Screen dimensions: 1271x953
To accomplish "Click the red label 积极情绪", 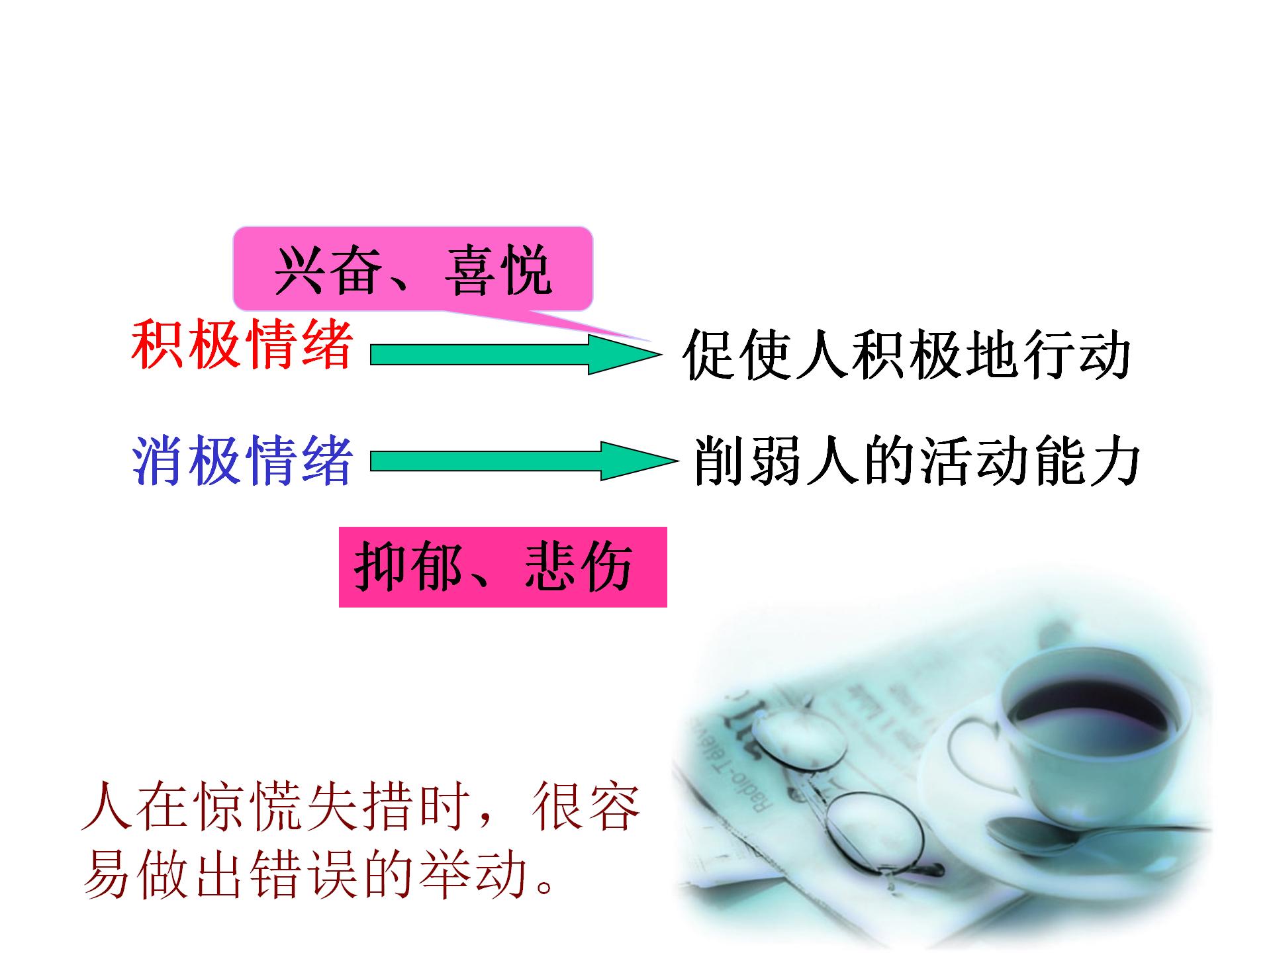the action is [242, 345].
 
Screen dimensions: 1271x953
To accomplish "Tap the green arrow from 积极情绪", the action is [515, 355].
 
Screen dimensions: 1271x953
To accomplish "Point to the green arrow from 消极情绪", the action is [523, 461].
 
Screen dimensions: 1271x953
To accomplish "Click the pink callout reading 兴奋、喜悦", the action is [413, 269].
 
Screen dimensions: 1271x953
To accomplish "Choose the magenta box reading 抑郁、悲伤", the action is [503, 567].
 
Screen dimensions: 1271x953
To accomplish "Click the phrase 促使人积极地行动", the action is [907, 355].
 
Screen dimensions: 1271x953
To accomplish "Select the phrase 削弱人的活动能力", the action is [916, 461].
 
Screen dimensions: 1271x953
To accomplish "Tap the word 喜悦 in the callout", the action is [498, 270].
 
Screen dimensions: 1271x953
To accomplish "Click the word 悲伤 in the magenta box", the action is [579, 567].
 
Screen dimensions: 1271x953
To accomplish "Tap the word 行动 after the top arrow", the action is [1076, 355].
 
